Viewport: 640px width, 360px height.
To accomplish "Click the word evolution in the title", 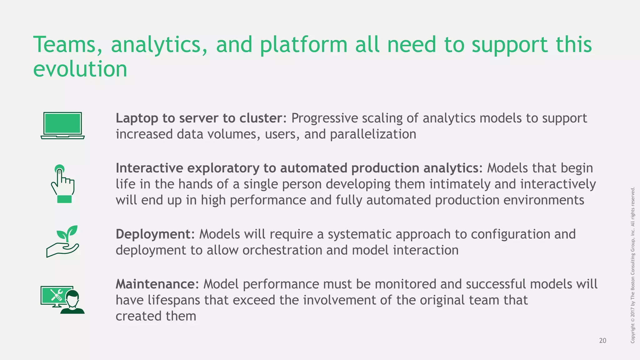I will click(80, 69).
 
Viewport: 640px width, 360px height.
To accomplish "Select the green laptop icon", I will click(63, 125).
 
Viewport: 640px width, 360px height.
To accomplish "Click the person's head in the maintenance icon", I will click(73, 298).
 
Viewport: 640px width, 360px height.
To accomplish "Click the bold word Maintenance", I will click(155, 284).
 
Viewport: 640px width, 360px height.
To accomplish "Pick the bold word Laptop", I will click(137, 118).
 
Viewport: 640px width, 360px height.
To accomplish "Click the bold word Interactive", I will click(149, 168).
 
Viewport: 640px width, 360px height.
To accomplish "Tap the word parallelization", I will click(373, 134).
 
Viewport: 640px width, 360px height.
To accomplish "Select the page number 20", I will click(602, 341).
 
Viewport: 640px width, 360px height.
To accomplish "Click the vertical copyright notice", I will click(632, 265).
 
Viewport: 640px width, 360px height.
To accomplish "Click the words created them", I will click(156, 316).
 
